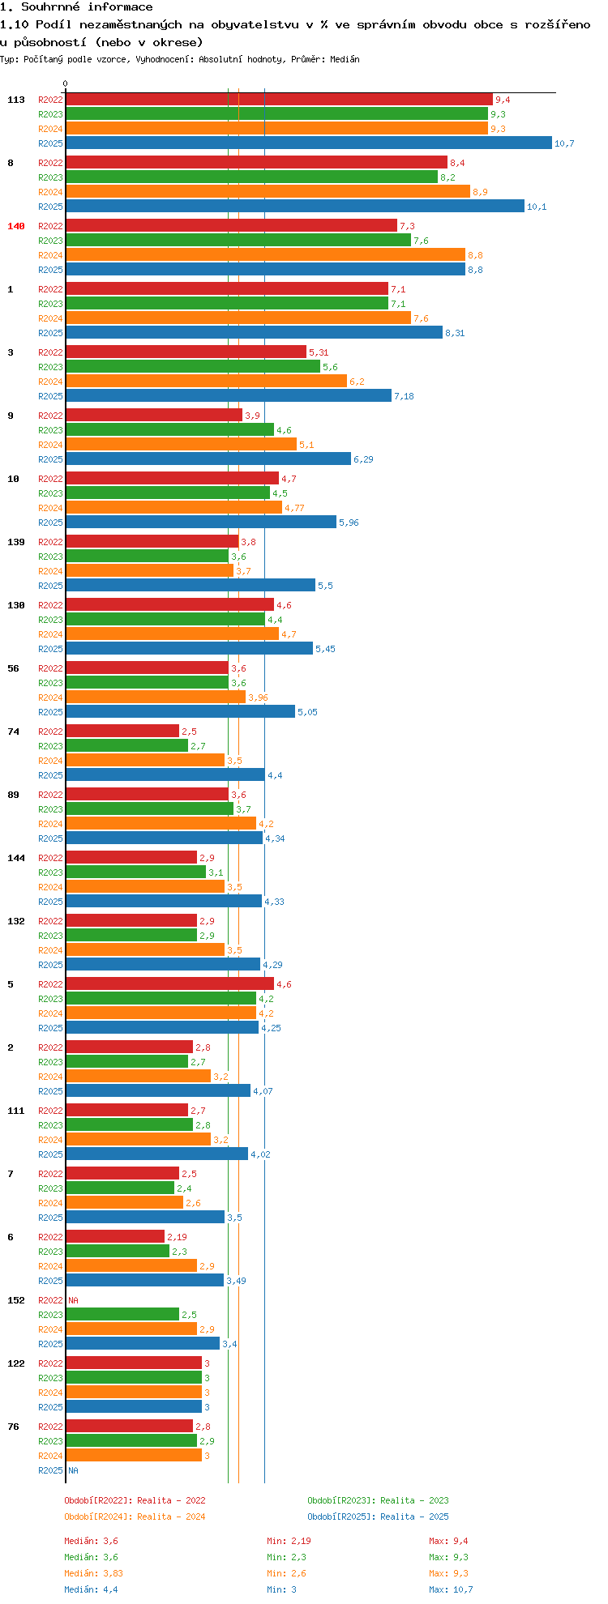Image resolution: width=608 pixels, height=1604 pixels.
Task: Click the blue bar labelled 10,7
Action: tap(308, 143)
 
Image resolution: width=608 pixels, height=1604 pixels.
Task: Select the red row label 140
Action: tap(16, 226)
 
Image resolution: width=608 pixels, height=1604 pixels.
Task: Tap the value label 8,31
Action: tap(455, 333)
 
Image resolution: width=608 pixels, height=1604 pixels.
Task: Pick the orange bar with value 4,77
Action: tap(173, 507)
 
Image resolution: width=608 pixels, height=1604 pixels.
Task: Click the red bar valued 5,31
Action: tap(186, 352)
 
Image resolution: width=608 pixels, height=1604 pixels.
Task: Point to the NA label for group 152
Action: tap(73, 1300)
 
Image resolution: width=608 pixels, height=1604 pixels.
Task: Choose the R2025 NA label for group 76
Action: tap(73, 1470)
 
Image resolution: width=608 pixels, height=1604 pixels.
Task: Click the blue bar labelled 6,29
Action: tap(208, 459)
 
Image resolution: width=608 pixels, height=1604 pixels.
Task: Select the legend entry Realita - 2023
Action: tap(378, 1500)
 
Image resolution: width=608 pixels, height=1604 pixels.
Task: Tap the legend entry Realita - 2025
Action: tap(378, 1517)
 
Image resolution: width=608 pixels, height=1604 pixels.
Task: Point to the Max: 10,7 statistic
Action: tap(451, 1589)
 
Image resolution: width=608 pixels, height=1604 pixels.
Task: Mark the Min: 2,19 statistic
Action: tap(289, 1541)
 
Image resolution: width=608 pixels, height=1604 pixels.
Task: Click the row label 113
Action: tap(16, 100)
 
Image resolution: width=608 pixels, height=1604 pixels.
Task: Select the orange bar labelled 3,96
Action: tap(156, 697)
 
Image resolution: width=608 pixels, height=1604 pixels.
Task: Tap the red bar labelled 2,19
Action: tap(115, 1236)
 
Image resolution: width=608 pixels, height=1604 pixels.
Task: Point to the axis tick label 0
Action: tap(66, 83)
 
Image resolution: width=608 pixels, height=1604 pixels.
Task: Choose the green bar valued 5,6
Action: tap(193, 366)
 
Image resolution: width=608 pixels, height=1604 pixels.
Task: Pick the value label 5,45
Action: tap(325, 649)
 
